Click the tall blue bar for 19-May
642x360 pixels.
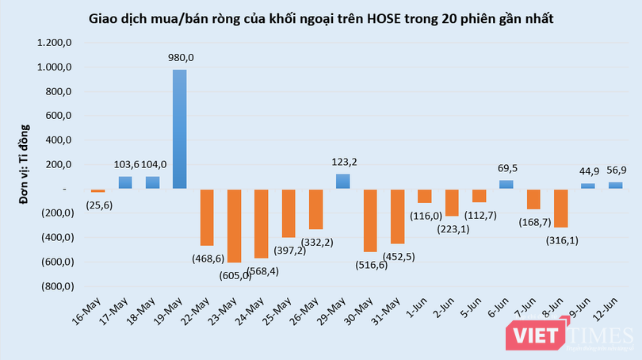tap(180, 129)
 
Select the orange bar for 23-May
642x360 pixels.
tap(234, 225)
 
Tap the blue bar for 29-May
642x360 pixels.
tap(342, 181)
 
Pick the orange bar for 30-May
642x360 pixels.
tap(369, 220)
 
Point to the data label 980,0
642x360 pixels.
tap(181, 56)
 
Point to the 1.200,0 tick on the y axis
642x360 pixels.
tap(54, 43)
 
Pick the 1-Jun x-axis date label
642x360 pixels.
tap(415, 300)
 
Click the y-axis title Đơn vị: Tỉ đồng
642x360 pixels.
tap(25, 165)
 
